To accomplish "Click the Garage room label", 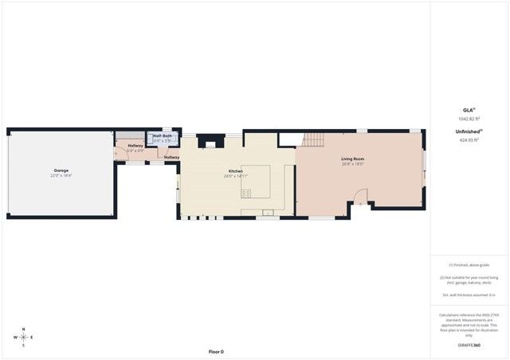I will [61, 170].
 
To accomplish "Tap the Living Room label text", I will [352, 159].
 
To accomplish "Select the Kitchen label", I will [236, 171].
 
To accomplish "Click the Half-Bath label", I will [163, 136].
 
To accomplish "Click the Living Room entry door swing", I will [360, 197].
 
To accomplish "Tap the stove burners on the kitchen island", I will [246, 193].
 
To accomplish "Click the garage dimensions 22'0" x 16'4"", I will [61, 175].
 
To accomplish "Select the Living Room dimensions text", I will [352, 164].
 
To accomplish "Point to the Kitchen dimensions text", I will [236, 176].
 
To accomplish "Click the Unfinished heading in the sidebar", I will [468, 131].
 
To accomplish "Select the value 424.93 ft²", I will [469, 139].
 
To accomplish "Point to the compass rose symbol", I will [23, 337].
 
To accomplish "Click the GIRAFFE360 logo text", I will [469, 345].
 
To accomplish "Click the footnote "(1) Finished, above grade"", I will [469, 264].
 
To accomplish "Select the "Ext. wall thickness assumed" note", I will [469, 295].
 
